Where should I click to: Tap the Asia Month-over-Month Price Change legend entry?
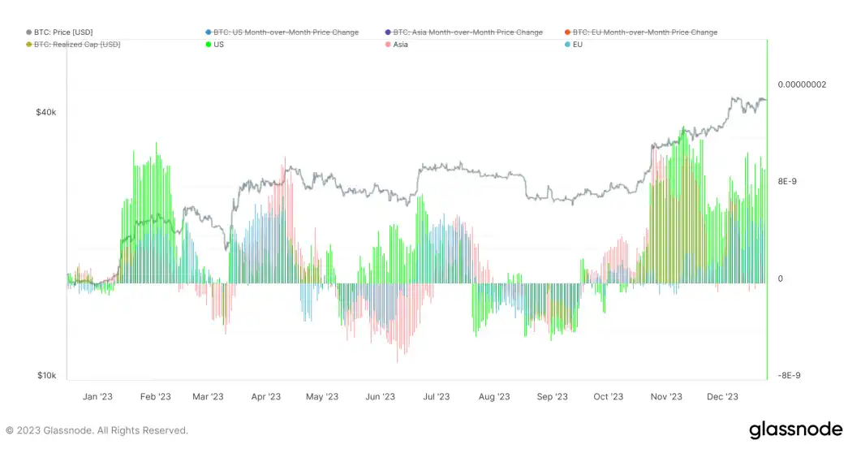[x=467, y=32]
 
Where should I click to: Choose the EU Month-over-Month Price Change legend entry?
[x=644, y=32]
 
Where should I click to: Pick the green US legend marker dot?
[x=209, y=45]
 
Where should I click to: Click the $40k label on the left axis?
[x=45, y=112]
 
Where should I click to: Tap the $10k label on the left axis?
[x=45, y=375]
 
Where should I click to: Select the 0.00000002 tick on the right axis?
[x=802, y=84]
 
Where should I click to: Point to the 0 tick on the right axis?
[x=781, y=279]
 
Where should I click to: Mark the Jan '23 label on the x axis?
[x=97, y=397]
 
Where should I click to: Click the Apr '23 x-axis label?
[x=265, y=397]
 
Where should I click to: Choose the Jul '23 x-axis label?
[x=436, y=397]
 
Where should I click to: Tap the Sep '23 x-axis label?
[x=552, y=397]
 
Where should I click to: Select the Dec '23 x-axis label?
[x=722, y=397]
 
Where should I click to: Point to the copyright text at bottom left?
[x=97, y=430]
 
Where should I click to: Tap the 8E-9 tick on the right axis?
[x=787, y=182]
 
